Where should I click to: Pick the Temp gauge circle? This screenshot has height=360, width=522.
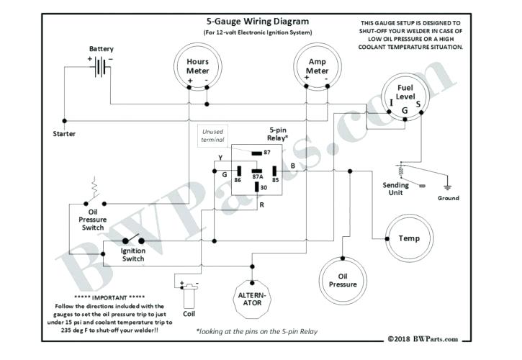point(408,238)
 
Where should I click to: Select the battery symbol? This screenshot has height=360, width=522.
point(102,67)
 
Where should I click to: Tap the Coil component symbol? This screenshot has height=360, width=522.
point(189,293)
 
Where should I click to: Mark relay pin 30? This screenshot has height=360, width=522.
point(256,189)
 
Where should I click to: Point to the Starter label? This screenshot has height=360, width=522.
point(65,134)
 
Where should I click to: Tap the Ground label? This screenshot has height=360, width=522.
point(448,197)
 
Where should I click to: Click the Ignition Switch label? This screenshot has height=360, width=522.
point(134,255)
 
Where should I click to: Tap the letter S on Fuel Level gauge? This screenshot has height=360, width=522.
point(418,104)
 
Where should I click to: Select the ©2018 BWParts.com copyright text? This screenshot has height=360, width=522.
point(422,338)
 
